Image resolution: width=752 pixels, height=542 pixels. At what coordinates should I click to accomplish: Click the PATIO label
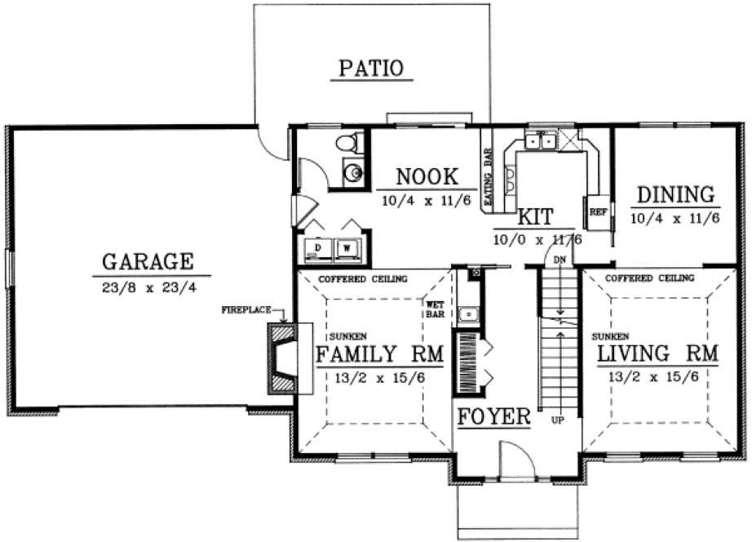tap(371, 67)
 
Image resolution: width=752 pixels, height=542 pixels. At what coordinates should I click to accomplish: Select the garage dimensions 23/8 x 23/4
tap(148, 287)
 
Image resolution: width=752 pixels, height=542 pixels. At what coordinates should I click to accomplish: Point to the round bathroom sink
tap(352, 173)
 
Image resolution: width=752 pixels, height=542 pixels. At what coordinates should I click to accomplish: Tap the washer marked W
tap(348, 247)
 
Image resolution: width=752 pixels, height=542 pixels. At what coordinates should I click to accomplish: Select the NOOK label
tap(425, 177)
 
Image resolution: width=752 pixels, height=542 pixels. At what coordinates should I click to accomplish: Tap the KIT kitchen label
tap(536, 217)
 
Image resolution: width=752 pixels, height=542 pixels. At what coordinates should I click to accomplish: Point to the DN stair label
tap(560, 259)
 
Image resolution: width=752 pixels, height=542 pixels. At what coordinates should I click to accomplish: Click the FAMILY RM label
tap(379, 354)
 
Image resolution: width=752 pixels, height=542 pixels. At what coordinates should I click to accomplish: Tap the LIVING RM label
tap(658, 354)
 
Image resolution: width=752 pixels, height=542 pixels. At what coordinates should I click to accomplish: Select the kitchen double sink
tap(541, 143)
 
